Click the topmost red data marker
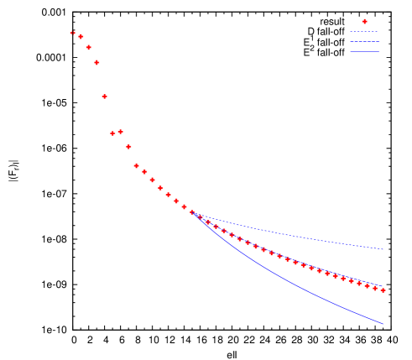pyautogui.click(x=73, y=33)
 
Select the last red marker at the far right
pyautogui.click(x=383, y=290)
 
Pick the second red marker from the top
pyautogui.click(x=81, y=37)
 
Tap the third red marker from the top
pyautogui.click(x=88, y=47)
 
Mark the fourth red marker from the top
pyautogui.click(x=96, y=62)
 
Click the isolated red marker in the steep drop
pyautogui.click(x=104, y=97)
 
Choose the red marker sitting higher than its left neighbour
pyautogui.click(x=120, y=131)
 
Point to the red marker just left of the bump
pyautogui.click(x=112, y=133)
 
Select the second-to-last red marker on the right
pyautogui.click(x=375, y=288)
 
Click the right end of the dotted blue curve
pyautogui.click(x=383, y=249)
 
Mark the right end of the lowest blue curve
pyautogui.click(x=383, y=324)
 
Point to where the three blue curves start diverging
pyautogui.click(x=194, y=213)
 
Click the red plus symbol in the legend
pyautogui.click(x=364, y=21)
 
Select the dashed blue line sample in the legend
pyautogui.click(x=364, y=32)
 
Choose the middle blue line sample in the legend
pyautogui.click(x=364, y=42)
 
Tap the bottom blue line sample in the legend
pyautogui.click(x=364, y=52)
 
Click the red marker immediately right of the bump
pyautogui.click(x=128, y=147)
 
